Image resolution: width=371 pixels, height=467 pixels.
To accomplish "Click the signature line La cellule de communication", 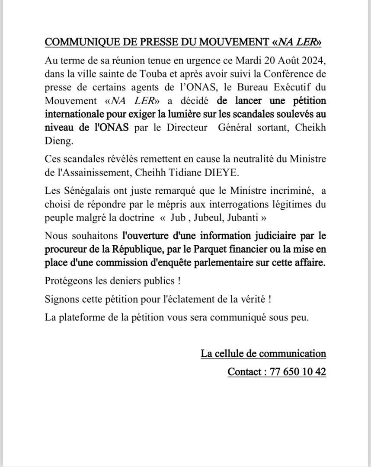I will click(263, 353).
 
